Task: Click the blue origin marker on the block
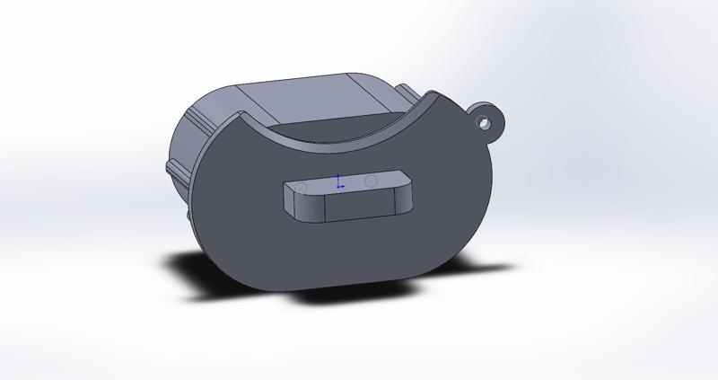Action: (338, 183)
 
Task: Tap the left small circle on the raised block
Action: (302, 188)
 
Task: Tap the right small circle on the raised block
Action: (372, 181)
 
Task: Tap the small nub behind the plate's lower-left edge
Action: (188, 217)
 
